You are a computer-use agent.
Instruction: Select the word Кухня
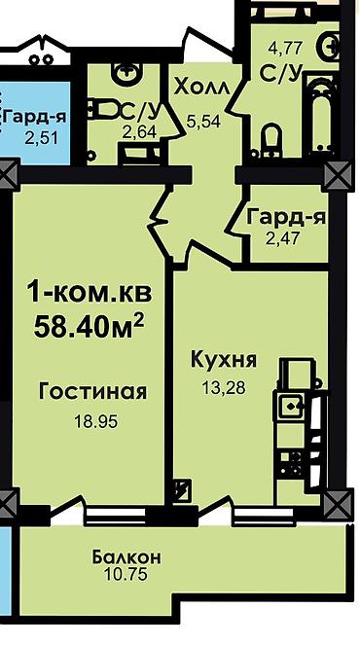pyautogui.click(x=223, y=360)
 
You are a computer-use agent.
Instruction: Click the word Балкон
pyautogui.click(x=126, y=557)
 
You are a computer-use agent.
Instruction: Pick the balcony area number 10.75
pyautogui.click(x=126, y=576)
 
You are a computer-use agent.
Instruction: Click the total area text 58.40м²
pyautogui.click(x=89, y=324)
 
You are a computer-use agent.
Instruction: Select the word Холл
pyautogui.click(x=202, y=88)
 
